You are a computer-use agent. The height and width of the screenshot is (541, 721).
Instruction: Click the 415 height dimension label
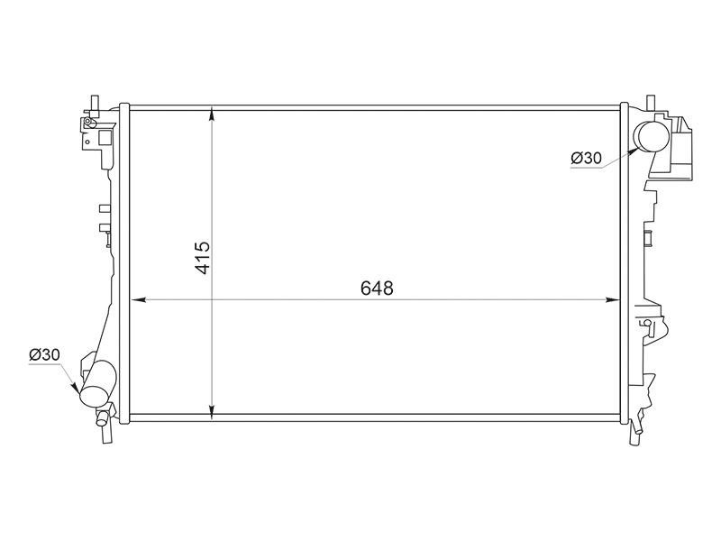pyautogui.click(x=203, y=258)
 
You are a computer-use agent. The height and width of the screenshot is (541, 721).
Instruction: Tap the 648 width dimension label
pyautogui.click(x=377, y=289)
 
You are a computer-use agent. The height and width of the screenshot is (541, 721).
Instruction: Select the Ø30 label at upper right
pyautogui.click(x=587, y=158)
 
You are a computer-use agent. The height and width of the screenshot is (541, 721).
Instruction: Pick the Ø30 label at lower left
pyautogui.click(x=44, y=354)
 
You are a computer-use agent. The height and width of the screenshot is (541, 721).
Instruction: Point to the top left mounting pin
pyautogui.click(x=95, y=103)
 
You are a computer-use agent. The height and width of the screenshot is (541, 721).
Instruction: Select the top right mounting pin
pyautogui.click(x=651, y=103)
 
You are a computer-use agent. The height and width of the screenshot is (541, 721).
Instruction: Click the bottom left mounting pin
pyautogui.click(x=106, y=434)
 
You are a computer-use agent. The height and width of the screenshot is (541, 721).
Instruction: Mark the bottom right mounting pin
pyautogui.click(x=635, y=434)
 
